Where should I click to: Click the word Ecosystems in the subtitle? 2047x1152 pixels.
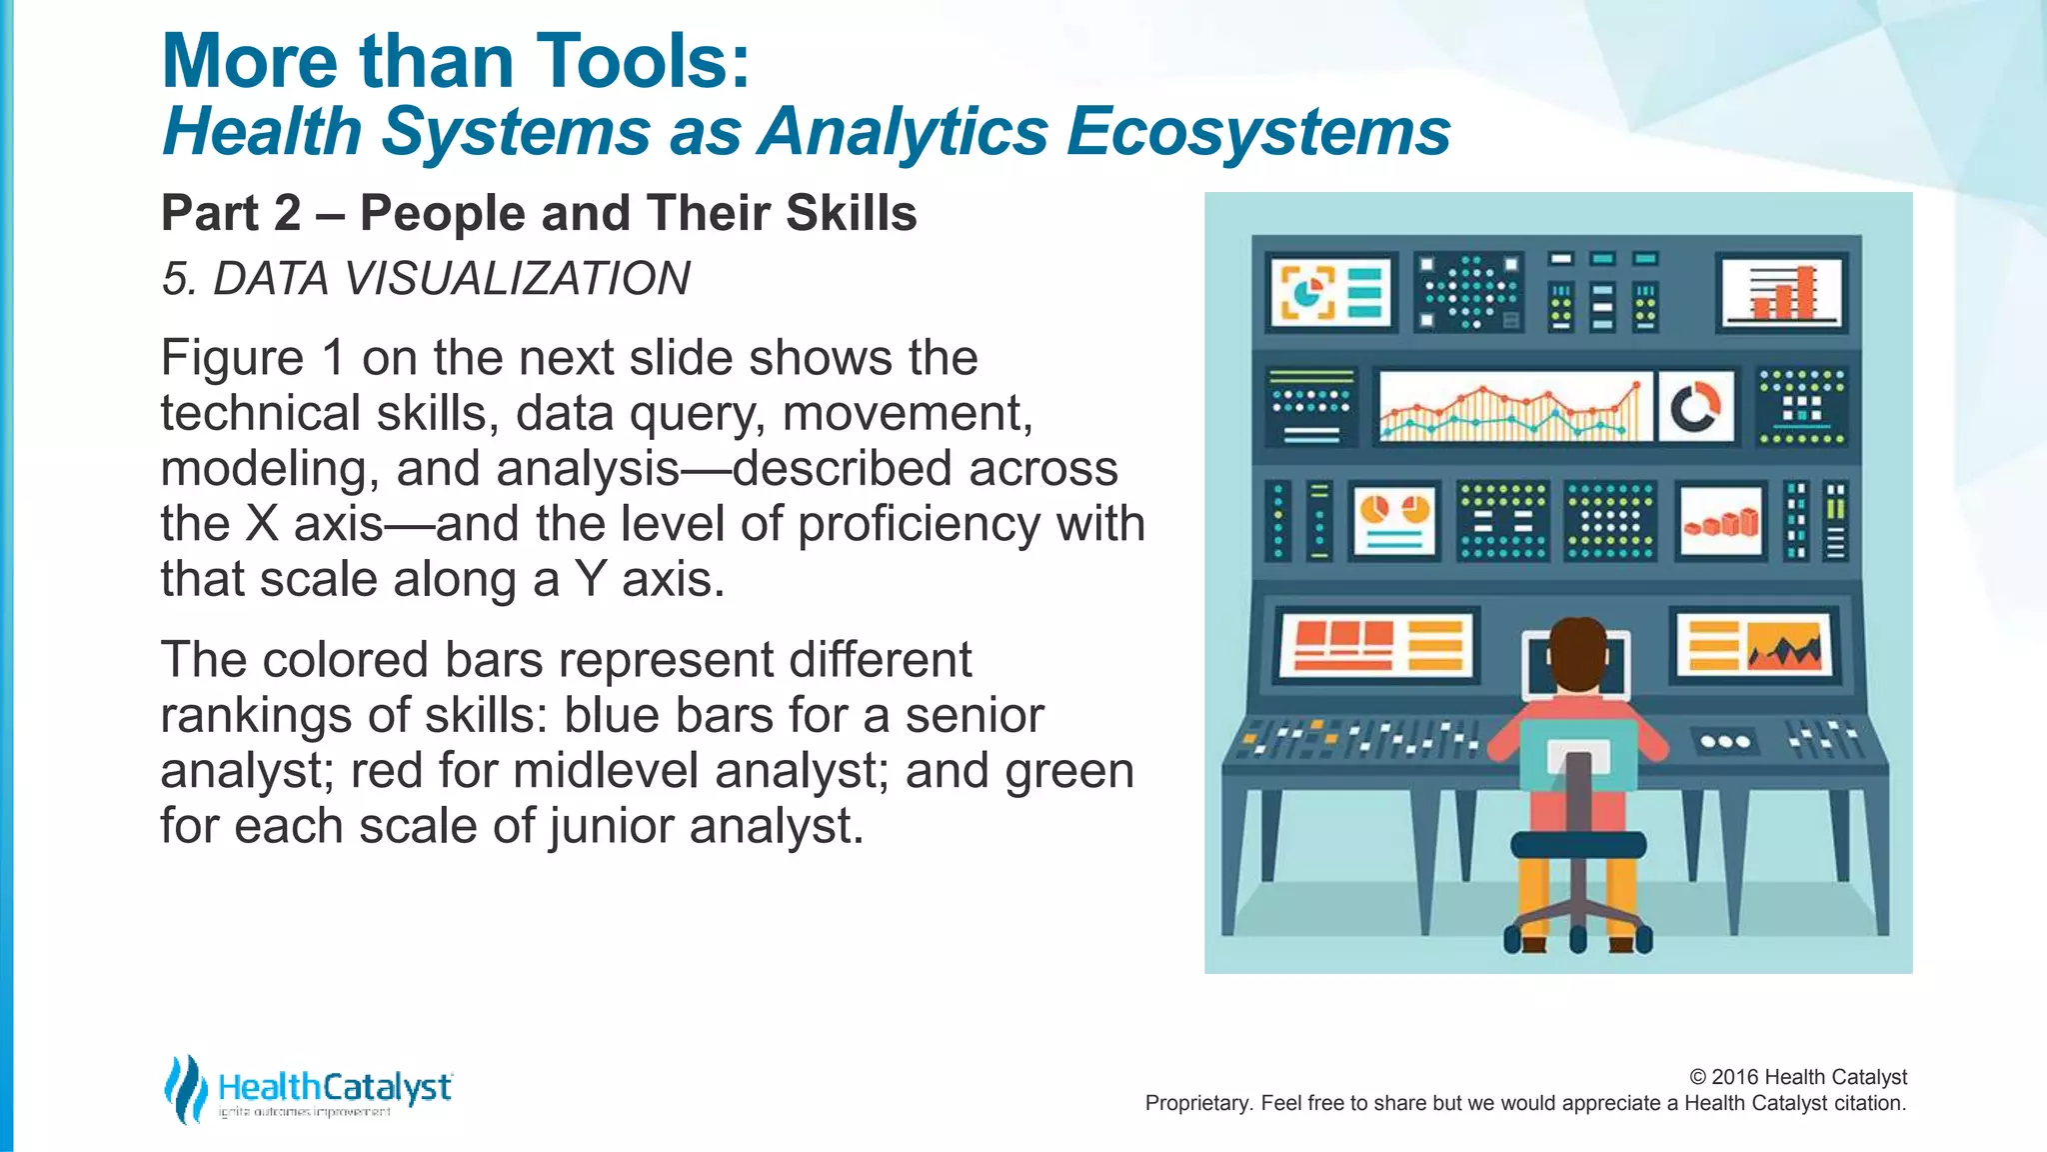(1257, 132)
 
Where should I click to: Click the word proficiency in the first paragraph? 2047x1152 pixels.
(919, 524)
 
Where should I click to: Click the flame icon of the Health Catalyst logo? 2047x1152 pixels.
(185, 1089)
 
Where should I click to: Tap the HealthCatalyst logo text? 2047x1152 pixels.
(334, 1087)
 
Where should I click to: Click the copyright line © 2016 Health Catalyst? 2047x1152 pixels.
(1797, 1077)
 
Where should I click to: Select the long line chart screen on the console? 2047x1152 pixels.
(1513, 407)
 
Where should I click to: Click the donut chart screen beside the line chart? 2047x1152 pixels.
(1695, 407)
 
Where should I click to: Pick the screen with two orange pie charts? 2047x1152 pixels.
(1394, 520)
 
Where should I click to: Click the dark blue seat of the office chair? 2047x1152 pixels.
(1577, 844)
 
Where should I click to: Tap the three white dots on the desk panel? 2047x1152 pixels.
(1725, 742)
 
